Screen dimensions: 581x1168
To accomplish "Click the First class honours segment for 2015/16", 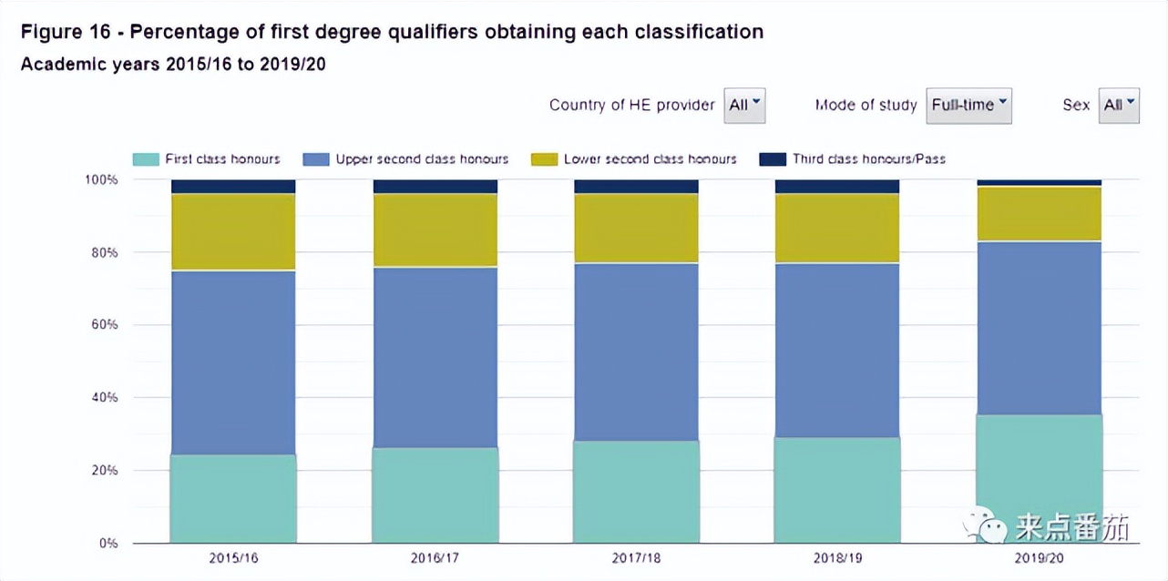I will (x=233, y=498).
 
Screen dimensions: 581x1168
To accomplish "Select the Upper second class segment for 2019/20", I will (x=1039, y=328).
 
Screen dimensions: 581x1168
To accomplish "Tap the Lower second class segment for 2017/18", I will (x=636, y=229).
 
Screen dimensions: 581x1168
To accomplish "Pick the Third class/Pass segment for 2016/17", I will (x=435, y=187).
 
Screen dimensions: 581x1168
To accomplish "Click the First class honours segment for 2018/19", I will (x=837, y=490).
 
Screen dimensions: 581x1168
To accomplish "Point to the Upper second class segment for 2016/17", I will (x=435, y=357).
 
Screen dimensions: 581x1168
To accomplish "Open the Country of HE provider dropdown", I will (x=744, y=105).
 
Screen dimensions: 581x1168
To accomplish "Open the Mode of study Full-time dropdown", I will (x=968, y=105).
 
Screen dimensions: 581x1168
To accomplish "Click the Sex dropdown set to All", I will (x=1119, y=105).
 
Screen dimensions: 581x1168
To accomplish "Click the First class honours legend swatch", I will (x=145, y=159).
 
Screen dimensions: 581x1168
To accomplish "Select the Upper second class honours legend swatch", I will (x=315, y=159).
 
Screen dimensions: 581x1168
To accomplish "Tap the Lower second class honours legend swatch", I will (x=544, y=159).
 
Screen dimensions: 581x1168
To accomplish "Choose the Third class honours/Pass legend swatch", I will (x=772, y=159).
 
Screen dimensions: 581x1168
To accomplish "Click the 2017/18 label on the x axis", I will (x=636, y=557).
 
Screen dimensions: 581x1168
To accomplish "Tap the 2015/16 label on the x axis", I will (x=233, y=557).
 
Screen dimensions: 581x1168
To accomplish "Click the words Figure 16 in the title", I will (x=67, y=32).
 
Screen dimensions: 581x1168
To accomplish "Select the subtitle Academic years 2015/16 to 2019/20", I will (x=173, y=65).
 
